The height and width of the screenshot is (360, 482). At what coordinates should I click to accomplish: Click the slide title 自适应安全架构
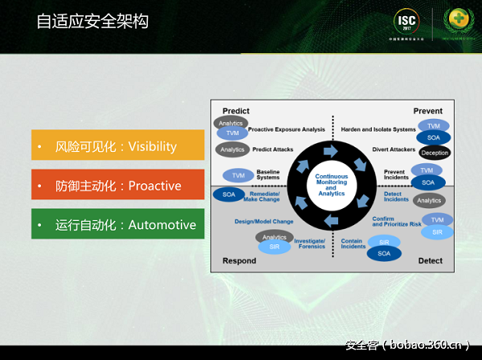point(92,21)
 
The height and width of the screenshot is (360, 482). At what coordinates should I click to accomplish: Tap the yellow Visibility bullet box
point(118,145)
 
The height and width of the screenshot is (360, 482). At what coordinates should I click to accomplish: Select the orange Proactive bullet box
point(118,185)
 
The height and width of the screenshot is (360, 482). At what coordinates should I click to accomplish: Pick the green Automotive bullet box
point(118,224)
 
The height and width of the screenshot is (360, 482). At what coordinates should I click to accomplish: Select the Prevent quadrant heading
point(427,111)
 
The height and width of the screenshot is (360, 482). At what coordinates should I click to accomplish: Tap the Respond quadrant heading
point(239,260)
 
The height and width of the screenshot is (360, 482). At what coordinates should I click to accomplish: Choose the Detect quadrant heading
point(430,260)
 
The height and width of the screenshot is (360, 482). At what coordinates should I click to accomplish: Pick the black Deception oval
point(435,153)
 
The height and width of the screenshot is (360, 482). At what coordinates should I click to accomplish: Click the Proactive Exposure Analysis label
point(287,129)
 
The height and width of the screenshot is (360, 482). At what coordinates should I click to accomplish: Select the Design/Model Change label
point(263,220)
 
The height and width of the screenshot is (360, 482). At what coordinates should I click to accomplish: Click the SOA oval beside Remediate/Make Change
point(229,194)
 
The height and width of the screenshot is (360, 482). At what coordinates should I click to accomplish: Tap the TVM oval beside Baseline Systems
point(238,175)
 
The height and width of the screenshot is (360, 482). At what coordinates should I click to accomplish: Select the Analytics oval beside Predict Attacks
point(232,149)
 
